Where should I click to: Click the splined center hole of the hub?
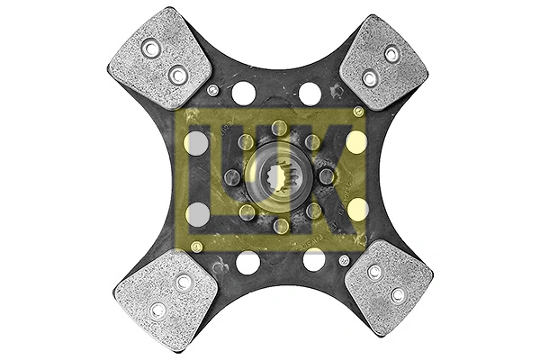(x=279, y=176)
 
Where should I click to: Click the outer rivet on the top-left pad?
(x=150, y=48)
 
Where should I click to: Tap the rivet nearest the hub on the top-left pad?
(x=178, y=75)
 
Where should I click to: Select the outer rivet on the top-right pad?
(x=392, y=54)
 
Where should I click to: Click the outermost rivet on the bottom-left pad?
(x=158, y=310)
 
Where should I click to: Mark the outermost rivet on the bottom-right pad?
(x=397, y=294)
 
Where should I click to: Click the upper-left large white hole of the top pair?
(x=244, y=93)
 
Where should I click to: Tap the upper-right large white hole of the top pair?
(x=310, y=93)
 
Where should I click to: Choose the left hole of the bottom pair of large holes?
(x=247, y=262)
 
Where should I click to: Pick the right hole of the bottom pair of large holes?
(x=313, y=260)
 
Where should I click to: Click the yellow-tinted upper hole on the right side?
(x=356, y=142)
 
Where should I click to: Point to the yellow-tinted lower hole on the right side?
(x=357, y=209)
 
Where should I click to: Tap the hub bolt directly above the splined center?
(x=280, y=128)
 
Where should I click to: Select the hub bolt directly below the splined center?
(x=280, y=225)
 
